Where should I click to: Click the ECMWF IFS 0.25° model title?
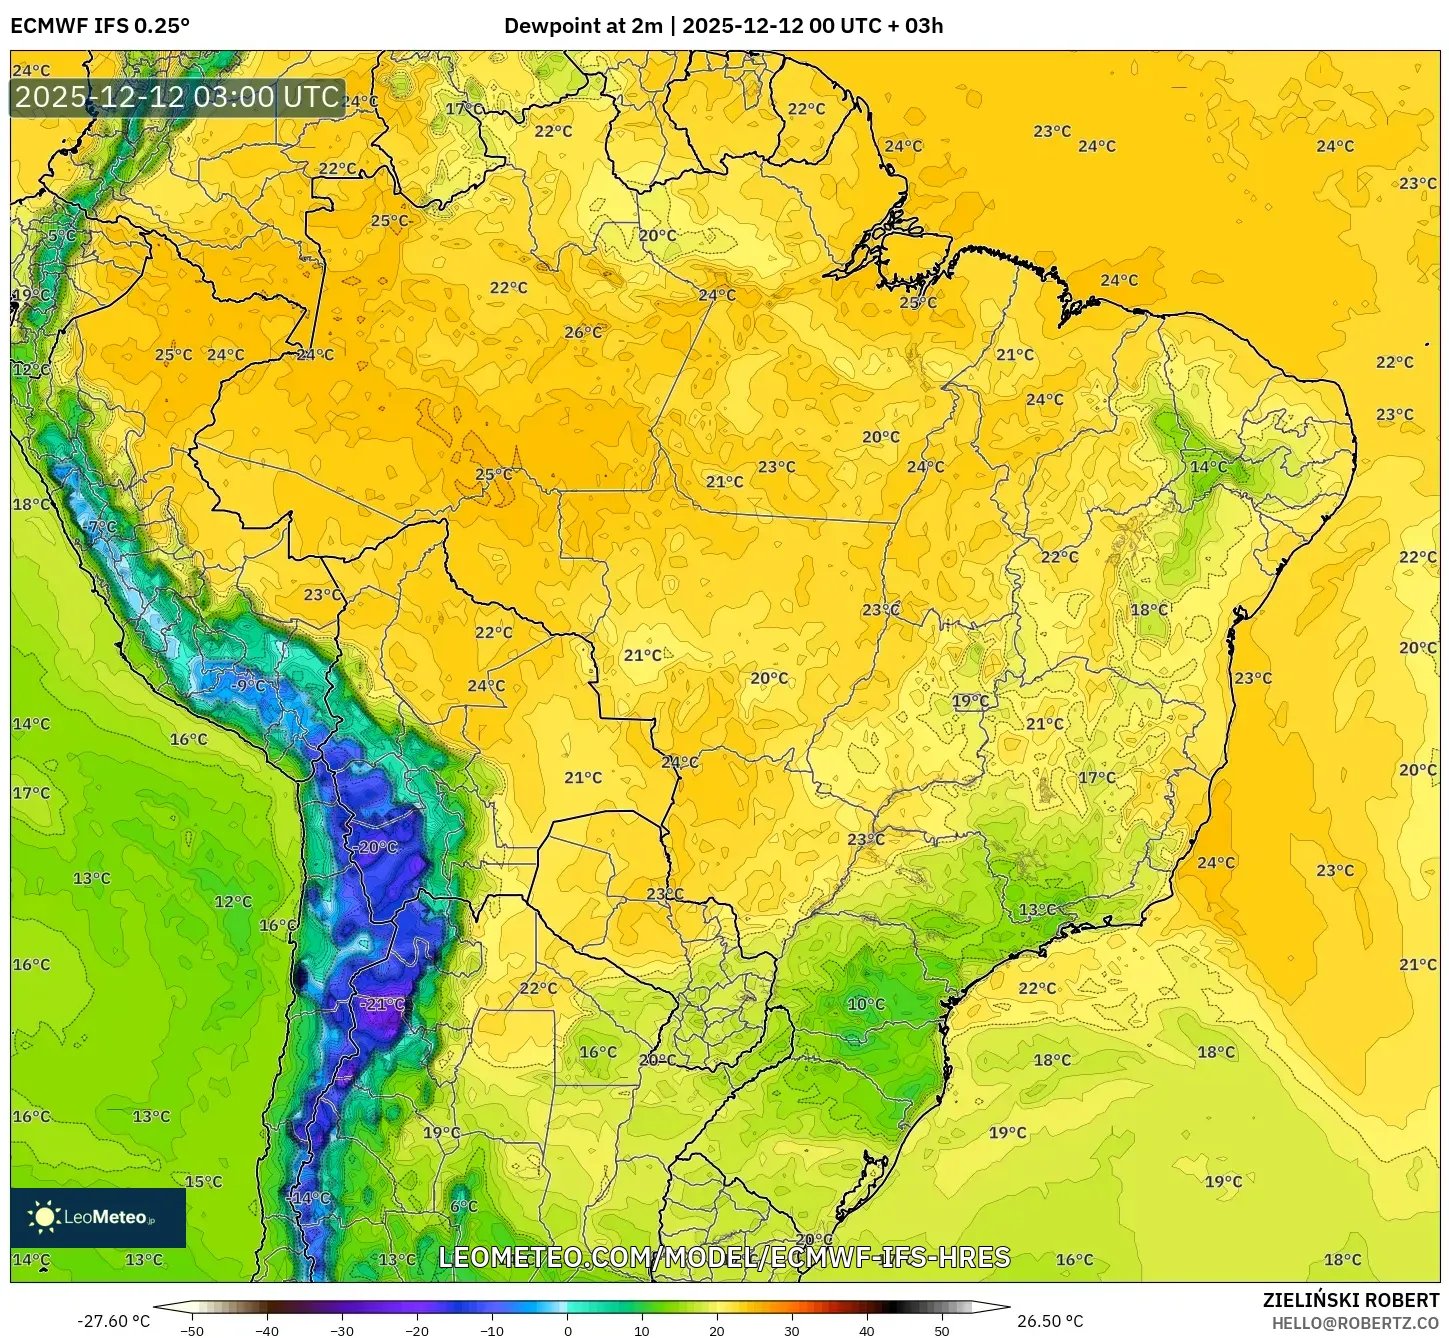[100, 26]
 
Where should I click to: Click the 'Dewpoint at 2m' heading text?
[582, 26]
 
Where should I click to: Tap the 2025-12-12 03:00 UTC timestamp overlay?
[177, 98]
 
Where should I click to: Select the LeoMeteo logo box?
[98, 1217]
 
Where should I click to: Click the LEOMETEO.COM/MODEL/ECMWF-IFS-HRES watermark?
[724, 1257]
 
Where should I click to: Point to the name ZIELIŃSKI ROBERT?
[1350, 1300]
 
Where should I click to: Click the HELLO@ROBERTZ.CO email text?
[1355, 1323]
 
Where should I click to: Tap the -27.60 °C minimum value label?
[113, 1321]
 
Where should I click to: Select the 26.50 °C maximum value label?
[1050, 1321]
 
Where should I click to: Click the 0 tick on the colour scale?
[567, 1331]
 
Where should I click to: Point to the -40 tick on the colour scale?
[267, 1331]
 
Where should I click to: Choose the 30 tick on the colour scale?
[792, 1331]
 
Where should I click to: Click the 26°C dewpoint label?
[584, 332]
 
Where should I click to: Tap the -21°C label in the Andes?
[382, 1004]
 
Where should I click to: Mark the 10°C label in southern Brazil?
[866, 1004]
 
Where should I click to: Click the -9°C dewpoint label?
[247, 686]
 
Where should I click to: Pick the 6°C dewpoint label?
[464, 1206]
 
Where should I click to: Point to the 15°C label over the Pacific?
[203, 1182]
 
